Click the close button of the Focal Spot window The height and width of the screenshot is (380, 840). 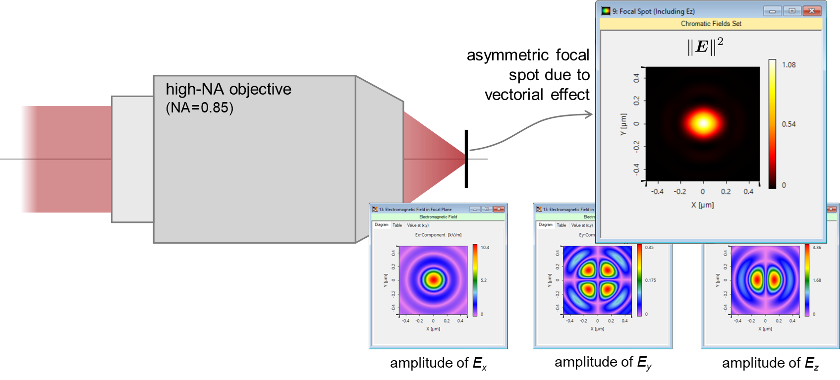[811, 11]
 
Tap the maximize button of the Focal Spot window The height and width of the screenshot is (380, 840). [792, 11]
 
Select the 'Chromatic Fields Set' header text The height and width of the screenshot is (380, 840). [711, 24]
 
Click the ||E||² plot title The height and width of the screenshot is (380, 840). [705, 47]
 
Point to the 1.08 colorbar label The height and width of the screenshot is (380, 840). [788, 65]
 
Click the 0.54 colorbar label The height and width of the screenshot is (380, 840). [788, 124]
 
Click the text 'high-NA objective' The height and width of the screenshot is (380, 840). [228, 89]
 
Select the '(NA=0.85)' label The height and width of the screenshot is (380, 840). [199, 108]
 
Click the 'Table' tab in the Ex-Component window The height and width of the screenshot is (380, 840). [397, 225]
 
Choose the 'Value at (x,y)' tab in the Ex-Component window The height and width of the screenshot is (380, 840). [418, 225]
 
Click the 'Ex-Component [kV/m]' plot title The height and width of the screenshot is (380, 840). [438, 235]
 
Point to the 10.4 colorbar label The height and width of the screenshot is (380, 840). [485, 247]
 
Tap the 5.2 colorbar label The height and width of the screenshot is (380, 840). [484, 280]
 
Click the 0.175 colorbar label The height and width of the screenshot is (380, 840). [650, 280]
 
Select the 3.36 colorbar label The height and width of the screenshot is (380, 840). [817, 247]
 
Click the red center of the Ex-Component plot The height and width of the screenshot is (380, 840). [434, 279]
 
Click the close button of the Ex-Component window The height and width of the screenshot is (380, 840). [499, 209]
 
